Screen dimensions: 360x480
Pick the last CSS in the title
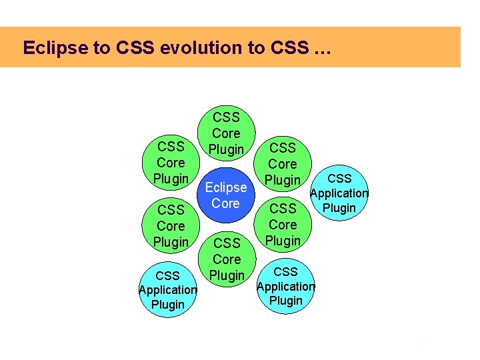coord(291,48)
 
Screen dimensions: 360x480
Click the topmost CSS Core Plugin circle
coord(226,133)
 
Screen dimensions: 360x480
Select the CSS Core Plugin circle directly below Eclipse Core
coord(226,259)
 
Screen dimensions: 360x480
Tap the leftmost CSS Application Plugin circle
coord(167,290)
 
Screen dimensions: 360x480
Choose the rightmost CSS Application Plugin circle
coord(339,193)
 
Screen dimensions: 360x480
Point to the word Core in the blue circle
coord(226,203)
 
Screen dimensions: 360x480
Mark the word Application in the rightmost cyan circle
coord(339,193)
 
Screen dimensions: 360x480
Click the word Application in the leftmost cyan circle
coord(167,290)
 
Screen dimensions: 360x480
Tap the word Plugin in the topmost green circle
coord(226,149)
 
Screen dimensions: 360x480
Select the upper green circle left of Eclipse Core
coord(171,163)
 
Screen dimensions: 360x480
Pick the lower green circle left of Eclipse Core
coord(171,226)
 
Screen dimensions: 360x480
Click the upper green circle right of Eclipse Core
coord(283,163)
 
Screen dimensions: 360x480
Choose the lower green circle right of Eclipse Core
coord(283,225)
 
